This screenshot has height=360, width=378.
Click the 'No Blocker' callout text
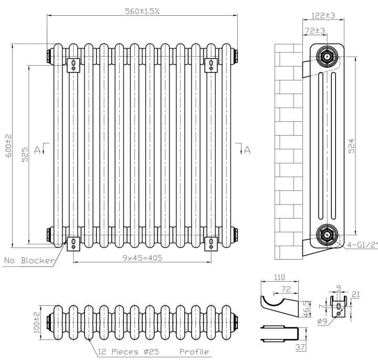29,260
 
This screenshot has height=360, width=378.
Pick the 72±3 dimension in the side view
314,32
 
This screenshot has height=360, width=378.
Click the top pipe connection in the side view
328,56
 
